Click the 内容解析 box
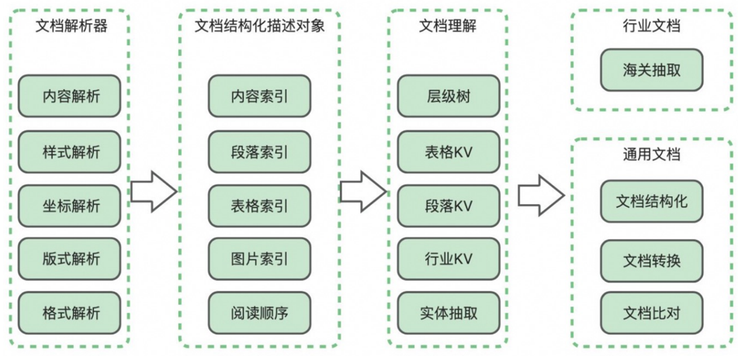[71, 97]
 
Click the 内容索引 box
[259, 97]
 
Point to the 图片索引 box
[259, 259]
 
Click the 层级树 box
[448, 97]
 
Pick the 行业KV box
[448, 259]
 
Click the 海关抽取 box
[651, 70]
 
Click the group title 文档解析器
[71, 26]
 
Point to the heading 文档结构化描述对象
[259, 26]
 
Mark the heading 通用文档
[651, 154]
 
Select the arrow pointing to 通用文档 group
[540, 195]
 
